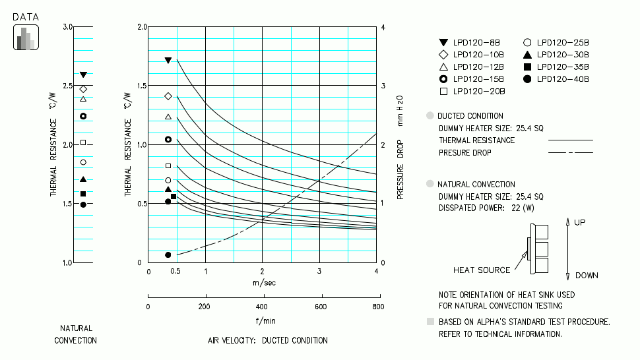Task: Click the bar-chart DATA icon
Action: pyautogui.click(x=26, y=38)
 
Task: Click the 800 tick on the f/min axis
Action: pyautogui.click(x=377, y=307)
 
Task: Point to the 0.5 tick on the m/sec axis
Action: pyautogui.click(x=176, y=271)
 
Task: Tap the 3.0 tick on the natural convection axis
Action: pyautogui.click(x=67, y=27)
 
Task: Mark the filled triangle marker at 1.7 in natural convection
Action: pyautogui.click(x=83, y=179)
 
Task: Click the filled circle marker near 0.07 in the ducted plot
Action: pyautogui.click(x=168, y=255)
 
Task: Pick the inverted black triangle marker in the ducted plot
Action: pyautogui.click(x=168, y=61)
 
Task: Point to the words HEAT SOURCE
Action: pyautogui.click(x=482, y=270)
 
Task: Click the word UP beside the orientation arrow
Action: pyautogui.click(x=579, y=223)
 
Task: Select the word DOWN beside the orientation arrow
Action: pyautogui.click(x=586, y=276)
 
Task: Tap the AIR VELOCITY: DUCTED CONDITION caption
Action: pyautogui.click(x=268, y=340)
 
